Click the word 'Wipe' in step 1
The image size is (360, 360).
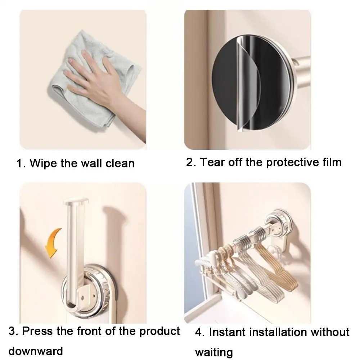click(x=43, y=163)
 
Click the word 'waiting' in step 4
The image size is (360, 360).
click(x=214, y=351)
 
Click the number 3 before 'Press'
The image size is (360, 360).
click(x=12, y=331)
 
